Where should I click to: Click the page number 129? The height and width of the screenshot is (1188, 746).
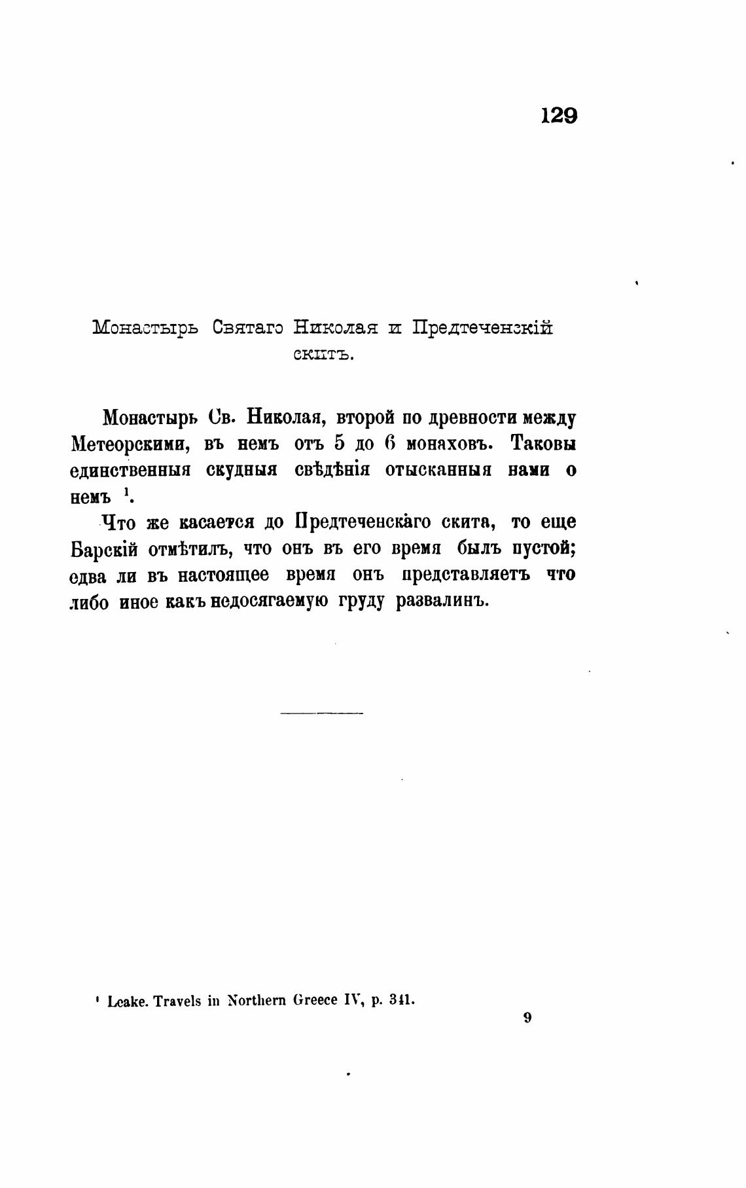point(559,116)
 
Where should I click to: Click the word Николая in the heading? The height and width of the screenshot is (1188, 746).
point(335,327)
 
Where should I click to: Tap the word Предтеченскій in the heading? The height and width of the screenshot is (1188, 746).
point(482,327)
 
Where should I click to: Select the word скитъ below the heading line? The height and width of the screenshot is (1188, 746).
point(322,355)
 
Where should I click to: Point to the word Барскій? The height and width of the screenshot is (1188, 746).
point(103,550)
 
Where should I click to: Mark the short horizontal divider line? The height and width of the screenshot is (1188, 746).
point(321,712)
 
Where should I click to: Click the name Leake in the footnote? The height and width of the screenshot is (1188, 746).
point(126,1001)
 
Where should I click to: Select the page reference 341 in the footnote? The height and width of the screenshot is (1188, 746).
point(400,1000)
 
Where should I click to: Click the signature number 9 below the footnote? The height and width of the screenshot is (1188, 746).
point(527,1017)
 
